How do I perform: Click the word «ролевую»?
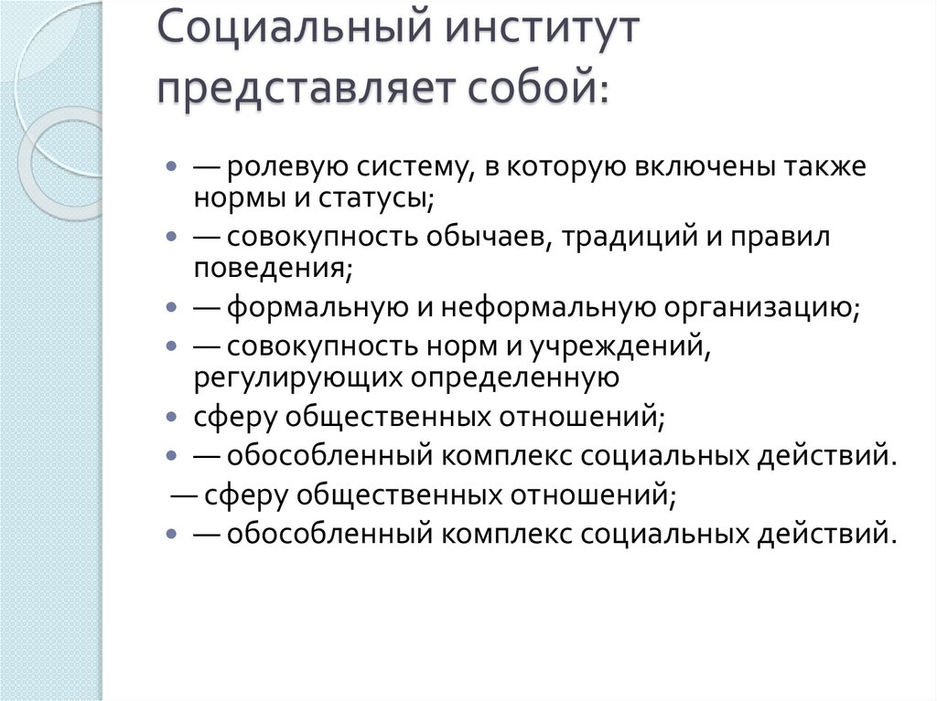[280, 169]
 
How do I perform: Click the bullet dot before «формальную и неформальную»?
[172, 307]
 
